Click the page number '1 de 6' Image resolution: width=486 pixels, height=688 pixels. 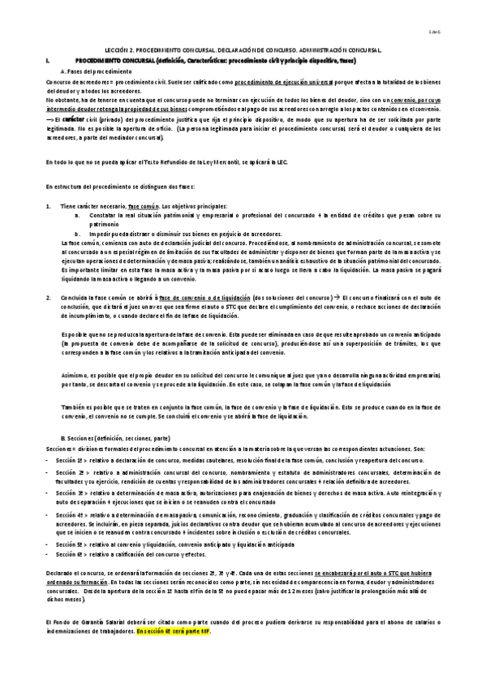pyautogui.click(x=457, y=32)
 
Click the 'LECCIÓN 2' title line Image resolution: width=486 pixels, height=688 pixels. pyautogui.click(x=243, y=49)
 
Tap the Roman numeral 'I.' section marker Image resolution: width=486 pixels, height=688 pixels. pyautogui.click(x=49, y=61)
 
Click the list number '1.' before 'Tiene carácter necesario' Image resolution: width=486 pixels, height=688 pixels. pyautogui.click(x=49, y=206)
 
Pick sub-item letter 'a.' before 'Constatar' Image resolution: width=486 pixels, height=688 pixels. pyautogui.click(x=77, y=215)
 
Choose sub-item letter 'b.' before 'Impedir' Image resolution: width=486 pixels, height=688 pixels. pyautogui.click(x=77, y=233)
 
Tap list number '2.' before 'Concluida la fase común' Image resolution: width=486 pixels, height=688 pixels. pyautogui.click(x=49, y=298)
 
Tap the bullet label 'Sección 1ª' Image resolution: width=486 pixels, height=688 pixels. pyautogui.click(x=72, y=459)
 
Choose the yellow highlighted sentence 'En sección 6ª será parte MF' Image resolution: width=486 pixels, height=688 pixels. pyautogui.click(x=174, y=630)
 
